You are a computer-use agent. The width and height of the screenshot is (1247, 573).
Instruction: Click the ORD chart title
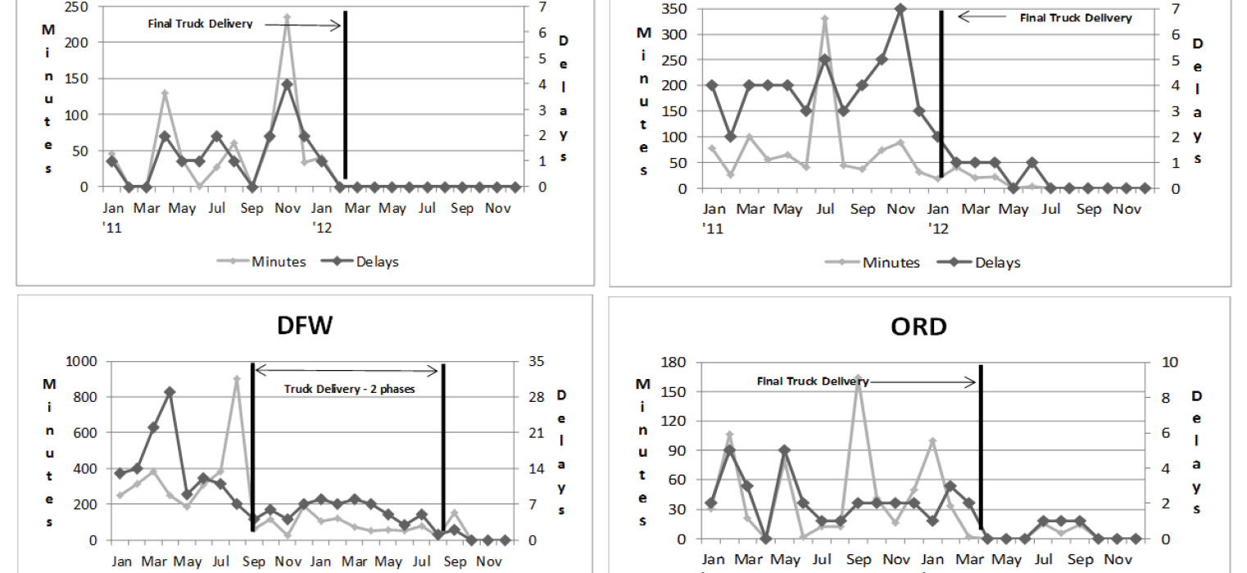(x=918, y=327)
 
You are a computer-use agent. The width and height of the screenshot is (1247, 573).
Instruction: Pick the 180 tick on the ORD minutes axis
(x=681, y=362)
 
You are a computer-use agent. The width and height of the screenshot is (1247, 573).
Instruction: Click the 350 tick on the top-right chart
(x=681, y=9)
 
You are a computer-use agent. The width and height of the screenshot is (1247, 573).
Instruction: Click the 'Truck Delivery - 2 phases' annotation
(x=350, y=389)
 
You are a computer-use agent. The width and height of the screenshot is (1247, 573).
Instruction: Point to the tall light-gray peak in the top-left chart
(x=287, y=16)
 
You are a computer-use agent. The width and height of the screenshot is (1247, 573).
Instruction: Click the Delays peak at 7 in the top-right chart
(x=900, y=9)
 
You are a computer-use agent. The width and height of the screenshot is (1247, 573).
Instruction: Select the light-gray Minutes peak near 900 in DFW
(x=237, y=379)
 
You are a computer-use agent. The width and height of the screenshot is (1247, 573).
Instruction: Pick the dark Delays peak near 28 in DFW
(x=170, y=392)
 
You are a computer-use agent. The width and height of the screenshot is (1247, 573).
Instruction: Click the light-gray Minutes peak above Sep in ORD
(x=859, y=379)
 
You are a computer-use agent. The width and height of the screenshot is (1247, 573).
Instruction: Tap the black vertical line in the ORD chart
(x=981, y=450)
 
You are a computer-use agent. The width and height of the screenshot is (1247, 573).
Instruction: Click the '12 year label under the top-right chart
(x=939, y=229)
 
